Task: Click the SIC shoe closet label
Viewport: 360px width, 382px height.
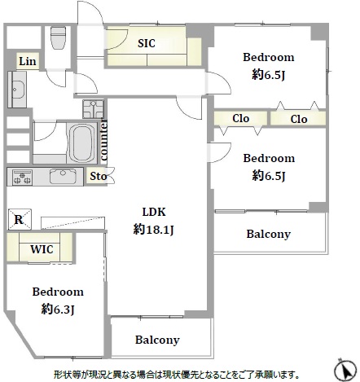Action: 147,43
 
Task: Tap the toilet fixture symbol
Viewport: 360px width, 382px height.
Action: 59,37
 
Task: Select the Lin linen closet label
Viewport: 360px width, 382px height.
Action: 28,61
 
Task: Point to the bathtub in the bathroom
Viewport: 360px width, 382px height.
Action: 81,143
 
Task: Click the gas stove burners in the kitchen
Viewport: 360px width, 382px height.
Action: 22,178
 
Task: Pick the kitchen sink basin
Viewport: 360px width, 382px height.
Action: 63,176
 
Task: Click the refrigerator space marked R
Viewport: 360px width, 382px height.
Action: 20,219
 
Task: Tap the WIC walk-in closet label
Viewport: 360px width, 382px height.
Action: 42,249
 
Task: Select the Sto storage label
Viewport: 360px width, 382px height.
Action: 99,176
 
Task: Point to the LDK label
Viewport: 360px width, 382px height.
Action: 154,212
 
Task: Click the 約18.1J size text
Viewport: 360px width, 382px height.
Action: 153,231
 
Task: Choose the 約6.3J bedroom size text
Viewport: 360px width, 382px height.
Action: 58,310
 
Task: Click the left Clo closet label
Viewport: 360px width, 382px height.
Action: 240,118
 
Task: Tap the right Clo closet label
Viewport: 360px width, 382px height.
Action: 299,119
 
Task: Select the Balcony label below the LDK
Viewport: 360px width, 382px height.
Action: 157,340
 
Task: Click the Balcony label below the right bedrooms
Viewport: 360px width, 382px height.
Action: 269,234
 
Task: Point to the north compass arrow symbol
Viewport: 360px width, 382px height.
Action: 345,369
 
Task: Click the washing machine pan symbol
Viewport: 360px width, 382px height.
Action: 94,108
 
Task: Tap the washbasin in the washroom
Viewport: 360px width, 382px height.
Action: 17,90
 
